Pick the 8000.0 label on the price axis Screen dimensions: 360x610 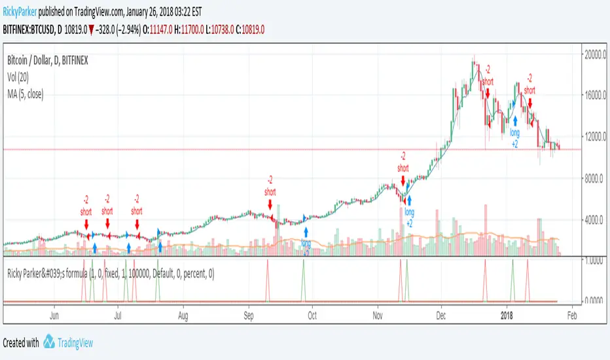[x=596, y=178]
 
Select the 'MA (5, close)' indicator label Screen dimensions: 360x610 [x=32, y=89]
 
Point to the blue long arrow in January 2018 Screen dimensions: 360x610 [x=515, y=120]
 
